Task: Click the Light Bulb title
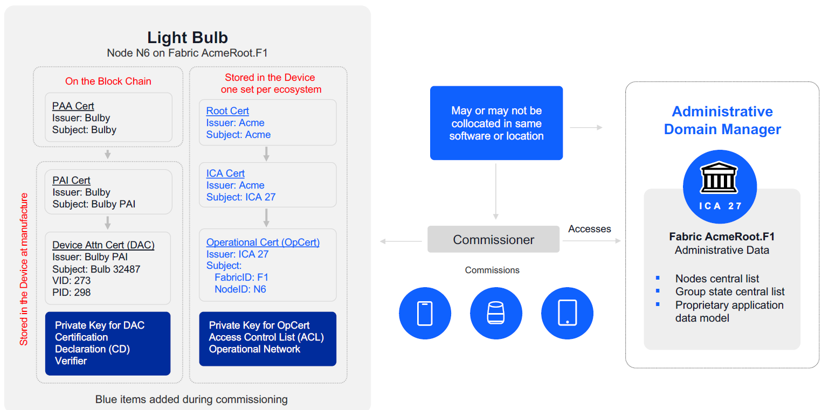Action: (x=188, y=37)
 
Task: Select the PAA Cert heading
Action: (x=73, y=106)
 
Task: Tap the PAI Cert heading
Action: (x=71, y=180)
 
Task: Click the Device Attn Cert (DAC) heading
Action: (x=103, y=245)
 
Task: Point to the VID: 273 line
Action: (x=71, y=281)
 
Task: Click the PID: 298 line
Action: (x=71, y=293)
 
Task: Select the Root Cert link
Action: (x=227, y=111)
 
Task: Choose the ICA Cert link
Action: (x=225, y=173)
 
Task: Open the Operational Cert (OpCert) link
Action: (x=263, y=242)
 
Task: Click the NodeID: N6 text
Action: (x=240, y=289)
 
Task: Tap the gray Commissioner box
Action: (x=493, y=240)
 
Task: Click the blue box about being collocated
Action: (x=496, y=123)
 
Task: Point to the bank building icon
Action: (x=719, y=178)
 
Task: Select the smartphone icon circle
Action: (x=425, y=313)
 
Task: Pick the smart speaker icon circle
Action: (x=496, y=313)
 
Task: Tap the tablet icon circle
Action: (x=567, y=313)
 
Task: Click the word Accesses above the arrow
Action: (x=589, y=229)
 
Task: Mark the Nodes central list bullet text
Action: (x=717, y=279)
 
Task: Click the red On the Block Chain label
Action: (x=108, y=81)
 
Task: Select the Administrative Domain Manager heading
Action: (x=722, y=120)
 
